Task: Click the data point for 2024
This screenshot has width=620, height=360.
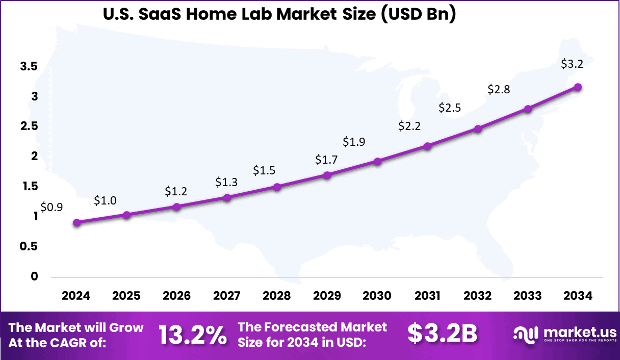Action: coord(76,222)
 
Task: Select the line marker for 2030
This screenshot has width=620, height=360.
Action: coord(378,162)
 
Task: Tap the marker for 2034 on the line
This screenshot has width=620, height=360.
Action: coord(578,87)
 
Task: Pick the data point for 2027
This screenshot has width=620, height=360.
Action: coord(227,197)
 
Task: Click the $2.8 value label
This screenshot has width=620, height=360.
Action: coord(499,90)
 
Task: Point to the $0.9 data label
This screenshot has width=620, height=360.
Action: coord(51,207)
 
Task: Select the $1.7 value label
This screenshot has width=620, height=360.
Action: coord(326,160)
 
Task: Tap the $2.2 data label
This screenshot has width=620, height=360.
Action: coord(409,126)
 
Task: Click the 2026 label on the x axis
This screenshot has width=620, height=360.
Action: coord(177,296)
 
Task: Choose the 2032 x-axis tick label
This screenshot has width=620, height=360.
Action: coord(478,296)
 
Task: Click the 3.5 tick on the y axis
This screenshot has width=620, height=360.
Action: coord(29,66)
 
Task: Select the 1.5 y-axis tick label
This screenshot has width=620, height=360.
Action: coord(29,187)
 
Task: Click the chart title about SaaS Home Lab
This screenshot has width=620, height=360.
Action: coord(279,14)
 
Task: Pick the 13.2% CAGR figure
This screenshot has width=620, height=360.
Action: coord(192,335)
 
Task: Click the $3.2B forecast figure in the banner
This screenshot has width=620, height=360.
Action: coord(442,334)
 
